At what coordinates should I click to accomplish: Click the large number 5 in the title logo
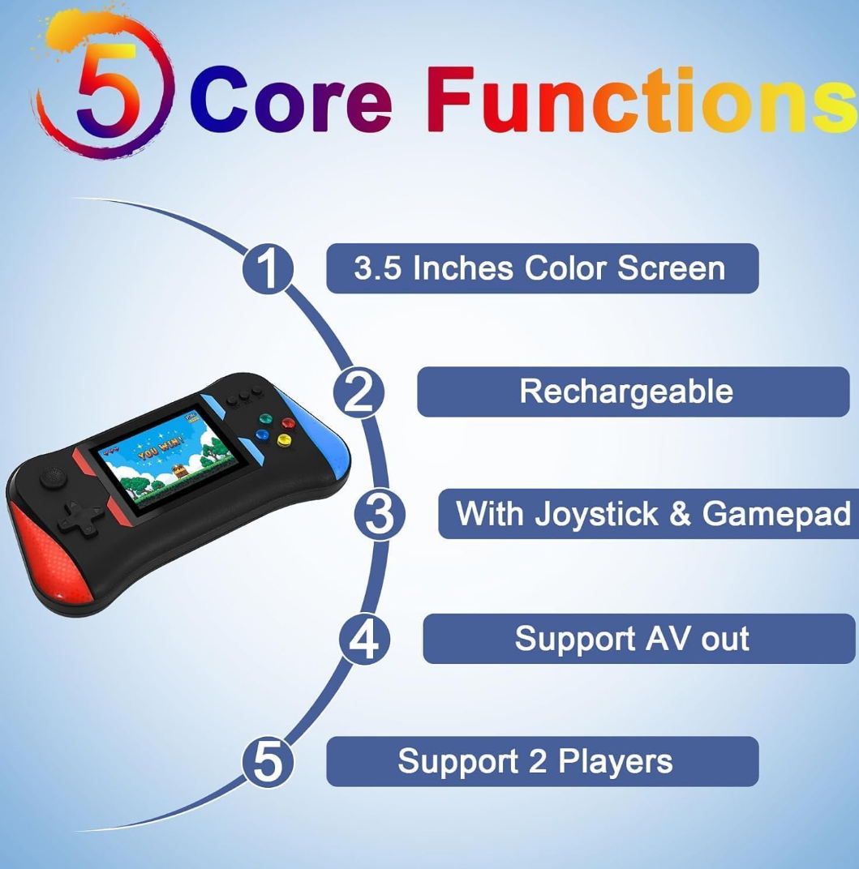pos(106,88)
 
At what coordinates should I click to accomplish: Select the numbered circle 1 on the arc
pos(268,269)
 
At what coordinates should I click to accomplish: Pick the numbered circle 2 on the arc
pos(359,392)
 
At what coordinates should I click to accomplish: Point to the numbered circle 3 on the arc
pos(380,514)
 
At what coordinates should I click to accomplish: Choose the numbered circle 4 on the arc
pos(365,639)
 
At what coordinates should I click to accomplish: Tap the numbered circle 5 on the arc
pos(268,762)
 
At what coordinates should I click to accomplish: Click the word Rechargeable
pos(626,392)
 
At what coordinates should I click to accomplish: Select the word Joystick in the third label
pos(596,514)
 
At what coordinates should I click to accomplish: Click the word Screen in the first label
pos(671,268)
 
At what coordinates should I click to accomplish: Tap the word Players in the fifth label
pos(615,762)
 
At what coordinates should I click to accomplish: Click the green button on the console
pos(265,417)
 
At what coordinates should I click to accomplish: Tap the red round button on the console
pos(288,423)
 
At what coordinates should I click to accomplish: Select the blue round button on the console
pos(262,435)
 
